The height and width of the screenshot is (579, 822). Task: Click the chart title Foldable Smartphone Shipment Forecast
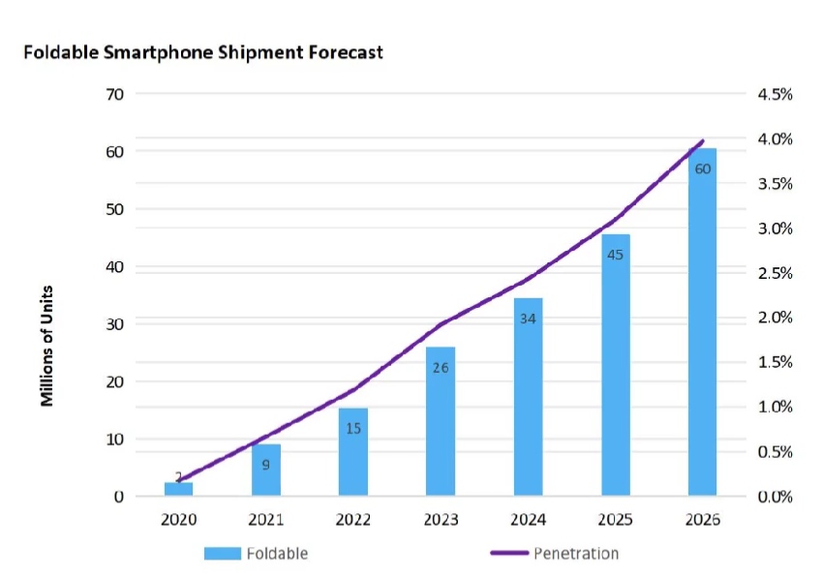pyautogui.click(x=203, y=52)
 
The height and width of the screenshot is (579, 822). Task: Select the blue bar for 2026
pyautogui.click(x=702, y=329)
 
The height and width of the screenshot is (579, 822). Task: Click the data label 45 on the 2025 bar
pyautogui.click(x=615, y=256)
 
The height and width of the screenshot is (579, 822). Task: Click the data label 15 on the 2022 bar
pyautogui.click(x=353, y=427)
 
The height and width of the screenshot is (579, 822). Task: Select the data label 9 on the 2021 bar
pyautogui.click(x=265, y=466)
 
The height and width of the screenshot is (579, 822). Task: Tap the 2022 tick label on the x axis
pyautogui.click(x=353, y=520)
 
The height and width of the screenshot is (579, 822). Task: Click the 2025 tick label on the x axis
pyautogui.click(x=615, y=520)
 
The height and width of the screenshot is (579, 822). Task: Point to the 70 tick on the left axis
pyautogui.click(x=114, y=95)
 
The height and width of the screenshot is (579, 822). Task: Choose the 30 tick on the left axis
pyautogui.click(x=114, y=324)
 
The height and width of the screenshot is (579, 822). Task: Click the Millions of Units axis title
pyautogui.click(x=46, y=346)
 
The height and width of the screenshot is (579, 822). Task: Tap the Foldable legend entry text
pyautogui.click(x=279, y=553)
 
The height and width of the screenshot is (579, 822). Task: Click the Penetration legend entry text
pyautogui.click(x=575, y=553)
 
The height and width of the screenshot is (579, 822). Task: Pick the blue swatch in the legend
pyautogui.click(x=223, y=553)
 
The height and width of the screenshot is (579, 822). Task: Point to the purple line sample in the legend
pyautogui.click(x=507, y=553)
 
